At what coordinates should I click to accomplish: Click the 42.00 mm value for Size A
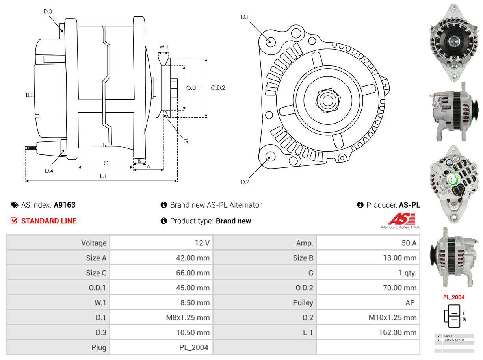193,258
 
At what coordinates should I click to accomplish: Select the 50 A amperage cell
409,243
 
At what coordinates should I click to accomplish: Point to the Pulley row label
303,302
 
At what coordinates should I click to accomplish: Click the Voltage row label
94,243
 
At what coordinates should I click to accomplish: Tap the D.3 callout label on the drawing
48,11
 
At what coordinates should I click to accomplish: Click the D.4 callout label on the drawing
49,171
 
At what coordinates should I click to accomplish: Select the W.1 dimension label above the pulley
163,46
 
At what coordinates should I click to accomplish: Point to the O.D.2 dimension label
218,88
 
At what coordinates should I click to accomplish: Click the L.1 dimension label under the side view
103,176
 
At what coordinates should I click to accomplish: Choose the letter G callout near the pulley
186,141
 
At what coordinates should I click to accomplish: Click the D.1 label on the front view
245,17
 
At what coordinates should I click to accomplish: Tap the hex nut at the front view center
326,100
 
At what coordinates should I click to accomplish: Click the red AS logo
401,219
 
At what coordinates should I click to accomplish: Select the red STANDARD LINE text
49,221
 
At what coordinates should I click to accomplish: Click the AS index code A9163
65,205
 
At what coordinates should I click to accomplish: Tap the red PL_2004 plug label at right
454,297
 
